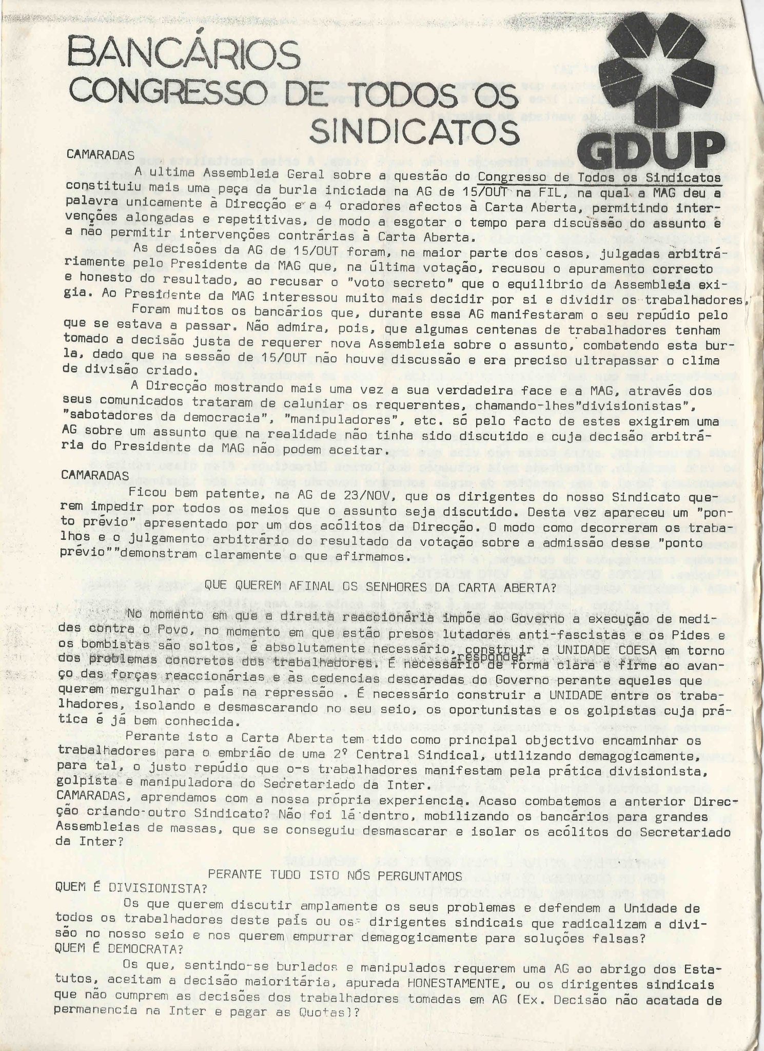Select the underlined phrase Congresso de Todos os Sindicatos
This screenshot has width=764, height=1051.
point(598,177)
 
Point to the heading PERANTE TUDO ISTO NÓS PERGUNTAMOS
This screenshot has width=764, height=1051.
point(336,861)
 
